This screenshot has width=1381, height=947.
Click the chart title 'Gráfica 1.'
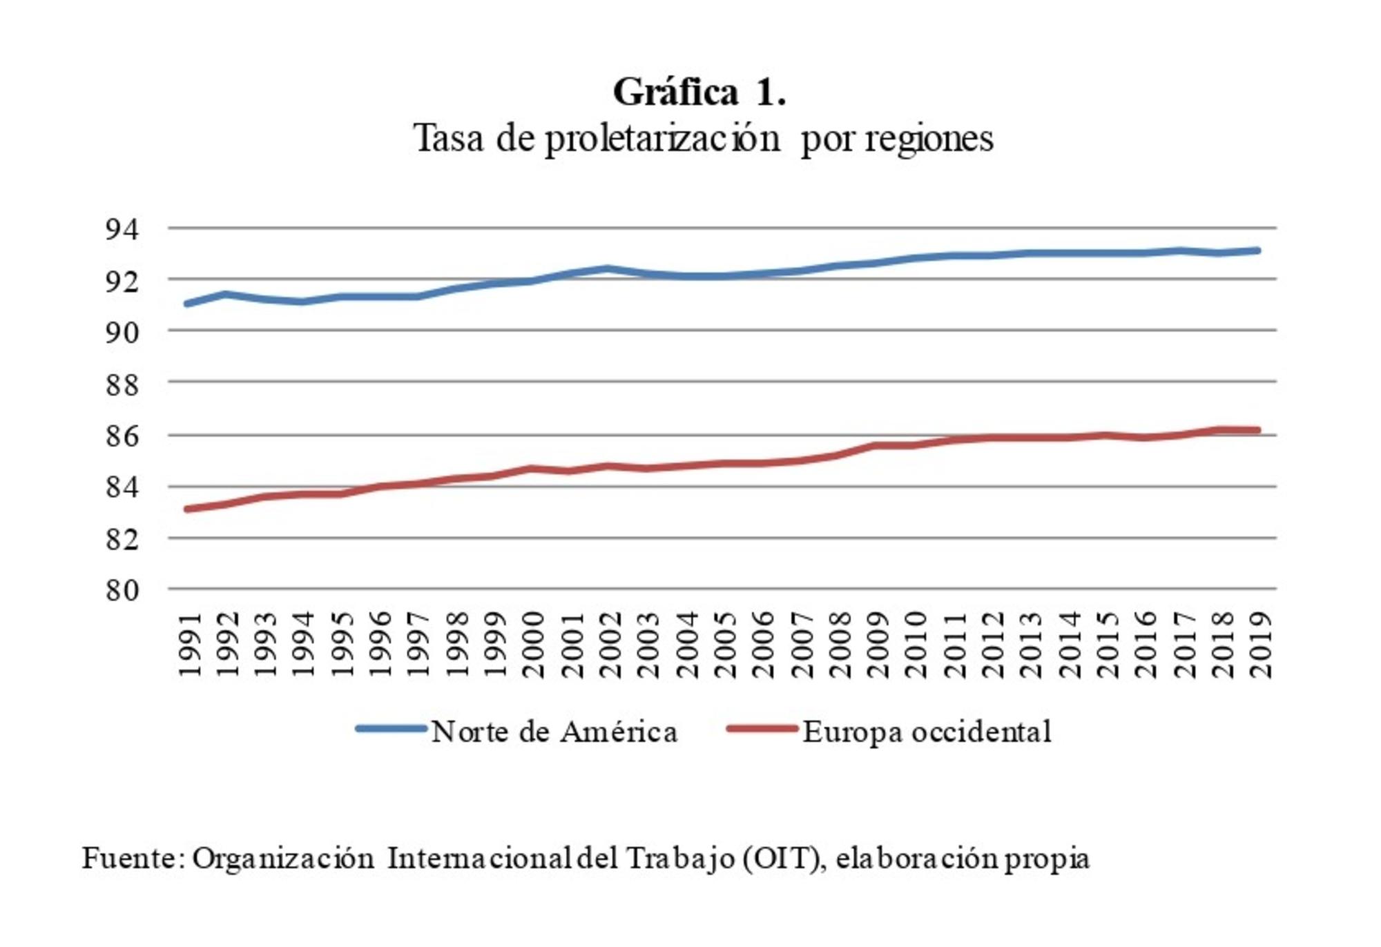pyautogui.click(x=699, y=92)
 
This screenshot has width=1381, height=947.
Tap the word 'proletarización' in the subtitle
pyautogui.click(x=662, y=139)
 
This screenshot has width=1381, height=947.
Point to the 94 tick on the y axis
pyautogui.click(x=122, y=228)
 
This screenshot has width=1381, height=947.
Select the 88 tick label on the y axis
pyautogui.click(x=122, y=384)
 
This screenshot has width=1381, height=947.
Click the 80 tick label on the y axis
pyautogui.click(x=122, y=590)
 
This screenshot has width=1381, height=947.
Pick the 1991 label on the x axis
pyautogui.click(x=189, y=644)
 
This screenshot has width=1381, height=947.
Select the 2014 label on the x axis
pyautogui.click(x=1069, y=644)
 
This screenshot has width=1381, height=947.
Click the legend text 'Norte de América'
pyautogui.click(x=554, y=732)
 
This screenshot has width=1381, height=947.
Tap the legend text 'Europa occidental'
pyautogui.click(x=927, y=732)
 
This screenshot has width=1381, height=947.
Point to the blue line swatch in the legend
pyautogui.click(x=391, y=729)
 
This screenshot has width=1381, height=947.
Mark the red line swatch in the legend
pyautogui.click(x=762, y=729)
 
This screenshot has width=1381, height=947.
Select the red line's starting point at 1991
pyautogui.click(x=188, y=509)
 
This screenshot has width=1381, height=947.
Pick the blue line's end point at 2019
pyautogui.click(x=1258, y=251)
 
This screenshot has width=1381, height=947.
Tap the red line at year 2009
pyautogui.click(x=876, y=445)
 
